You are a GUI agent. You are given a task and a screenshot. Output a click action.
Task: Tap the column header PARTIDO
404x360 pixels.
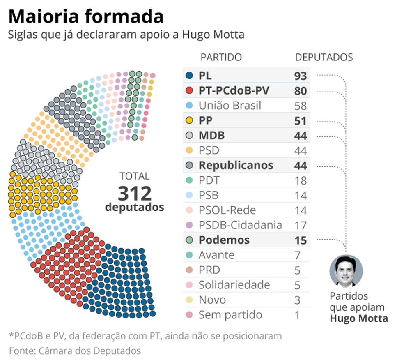point(221,57)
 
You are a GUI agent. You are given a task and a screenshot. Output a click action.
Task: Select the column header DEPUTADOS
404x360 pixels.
point(324,57)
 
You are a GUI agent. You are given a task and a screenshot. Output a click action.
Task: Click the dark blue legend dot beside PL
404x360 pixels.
point(189,76)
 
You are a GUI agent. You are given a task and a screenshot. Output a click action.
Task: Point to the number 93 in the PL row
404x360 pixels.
point(300,76)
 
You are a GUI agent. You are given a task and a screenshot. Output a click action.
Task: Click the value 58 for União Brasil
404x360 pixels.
point(300,106)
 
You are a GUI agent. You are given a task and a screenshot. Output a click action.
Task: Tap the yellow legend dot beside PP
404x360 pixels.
point(189,121)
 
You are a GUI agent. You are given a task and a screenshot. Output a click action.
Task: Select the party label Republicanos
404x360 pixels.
point(236,166)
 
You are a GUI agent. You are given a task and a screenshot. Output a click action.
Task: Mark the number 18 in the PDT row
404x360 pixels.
point(300,181)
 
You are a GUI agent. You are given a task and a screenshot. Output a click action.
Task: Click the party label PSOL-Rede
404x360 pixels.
point(227,210)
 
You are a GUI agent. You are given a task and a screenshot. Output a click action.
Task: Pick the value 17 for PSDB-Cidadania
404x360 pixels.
point(300,226)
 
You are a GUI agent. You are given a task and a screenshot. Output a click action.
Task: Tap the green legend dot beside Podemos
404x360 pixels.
point(189,240)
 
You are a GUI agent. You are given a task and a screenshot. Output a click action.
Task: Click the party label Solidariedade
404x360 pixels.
point(234,285)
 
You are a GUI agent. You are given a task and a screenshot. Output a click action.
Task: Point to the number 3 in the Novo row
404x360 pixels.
point(297,300)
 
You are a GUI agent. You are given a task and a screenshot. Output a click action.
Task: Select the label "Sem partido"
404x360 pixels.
point(230,315)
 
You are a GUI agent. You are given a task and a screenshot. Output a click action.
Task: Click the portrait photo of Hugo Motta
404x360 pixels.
point(346,271)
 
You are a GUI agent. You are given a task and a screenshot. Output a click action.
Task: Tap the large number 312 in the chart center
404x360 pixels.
point(135,193)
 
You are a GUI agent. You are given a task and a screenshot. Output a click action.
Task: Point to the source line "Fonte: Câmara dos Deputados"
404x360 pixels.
point(75,351)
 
